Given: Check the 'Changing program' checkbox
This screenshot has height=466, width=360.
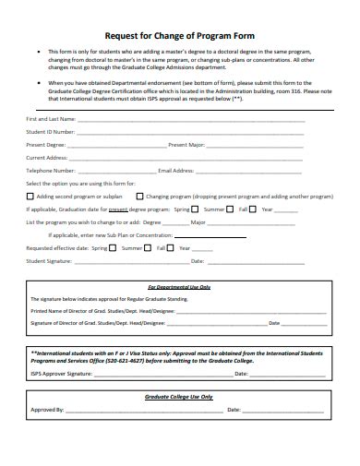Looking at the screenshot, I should (x=140, y=196).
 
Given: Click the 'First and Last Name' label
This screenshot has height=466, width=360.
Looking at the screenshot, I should (x=51, y=119).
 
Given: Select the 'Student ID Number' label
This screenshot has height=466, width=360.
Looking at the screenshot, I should (x=51, y=132).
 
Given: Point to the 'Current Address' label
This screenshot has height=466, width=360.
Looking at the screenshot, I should (x=49, y=158).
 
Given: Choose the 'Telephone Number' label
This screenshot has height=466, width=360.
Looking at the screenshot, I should (x=51, y=171).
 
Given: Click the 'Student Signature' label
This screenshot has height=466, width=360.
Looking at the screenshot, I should (x=50, y=261).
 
